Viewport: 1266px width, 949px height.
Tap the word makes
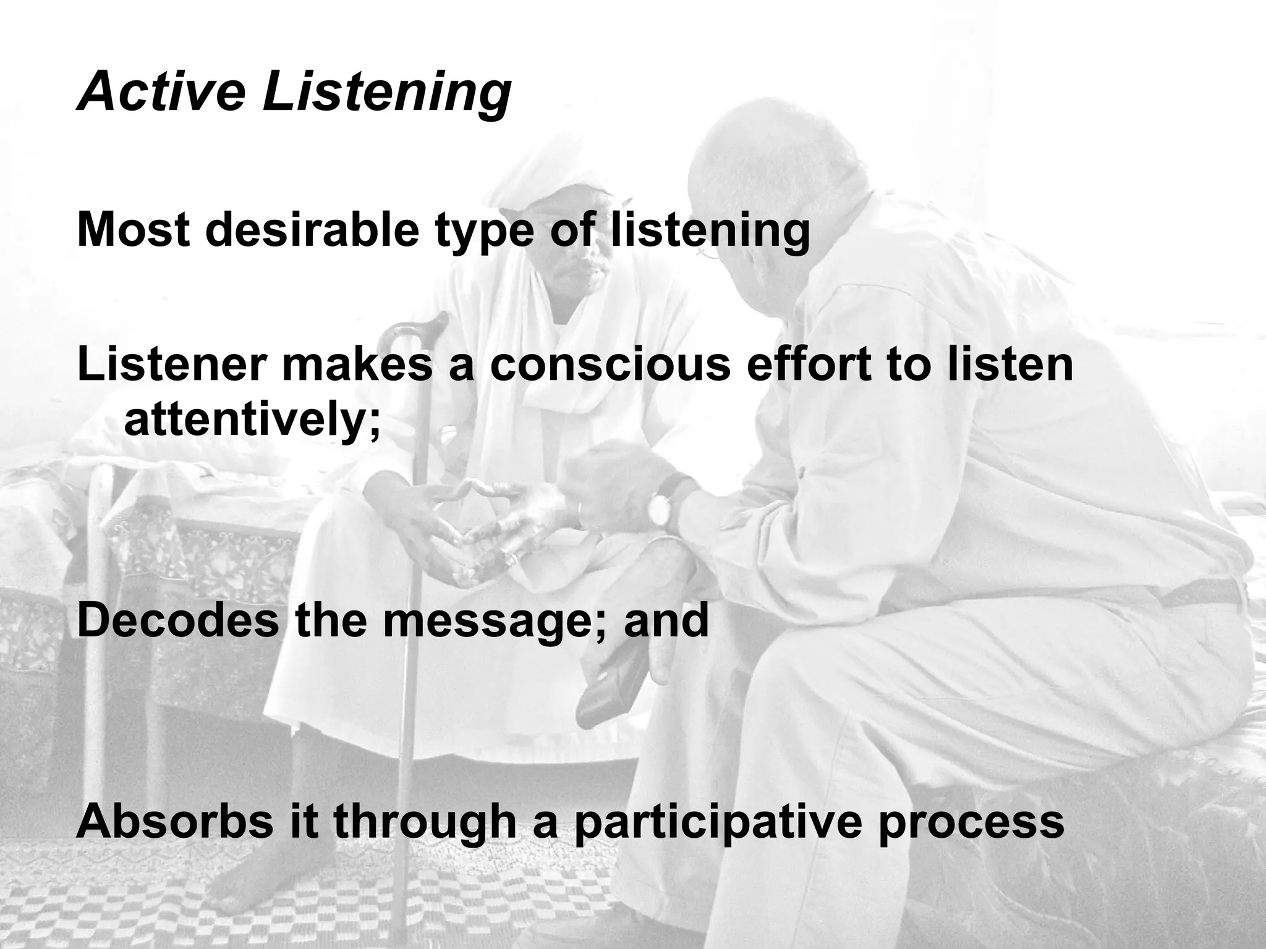pyautogui.click(x=357, y=365)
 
